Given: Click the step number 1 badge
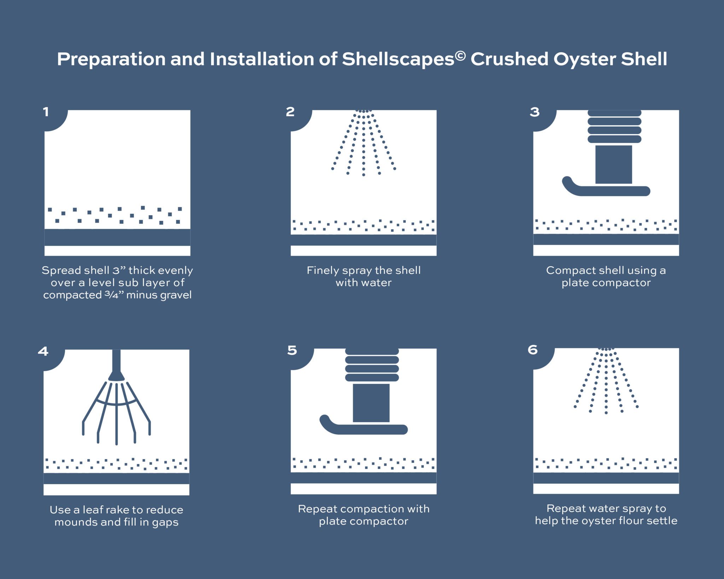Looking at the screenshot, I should click(x=46, y=112).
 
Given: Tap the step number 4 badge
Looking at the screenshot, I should click(x=43, y=351).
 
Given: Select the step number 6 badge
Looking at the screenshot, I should click(x=532, y=350).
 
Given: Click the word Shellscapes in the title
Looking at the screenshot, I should click(x=398, y=59).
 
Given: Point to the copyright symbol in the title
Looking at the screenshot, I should click(x=460, y=56).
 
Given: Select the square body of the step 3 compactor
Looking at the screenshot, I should click(x=613, y=164).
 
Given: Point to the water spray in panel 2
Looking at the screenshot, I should click(x=363, y=143).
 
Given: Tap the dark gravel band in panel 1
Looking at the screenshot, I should click(x=117, y=237).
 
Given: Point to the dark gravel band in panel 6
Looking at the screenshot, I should click(x=606, y=478).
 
